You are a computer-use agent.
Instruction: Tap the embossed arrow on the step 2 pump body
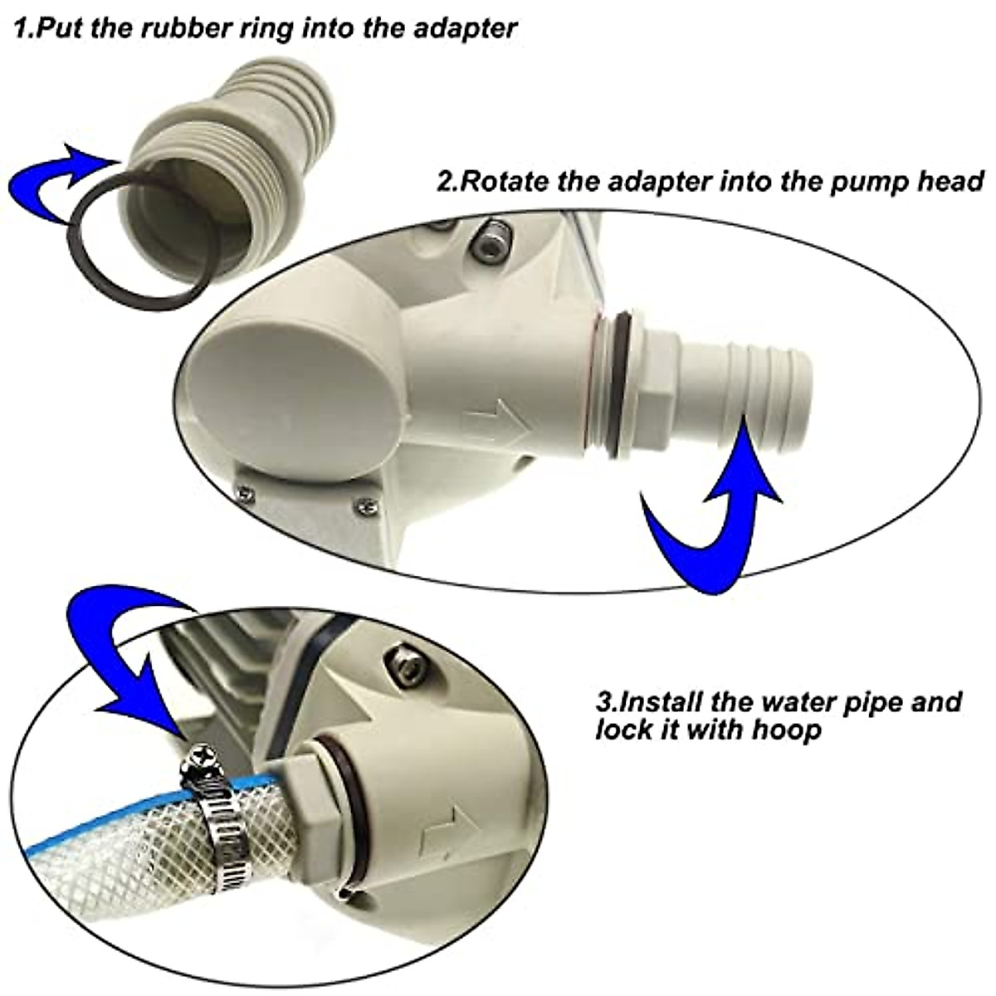point(498,427)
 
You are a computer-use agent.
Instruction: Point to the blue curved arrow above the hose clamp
point(124,656)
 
